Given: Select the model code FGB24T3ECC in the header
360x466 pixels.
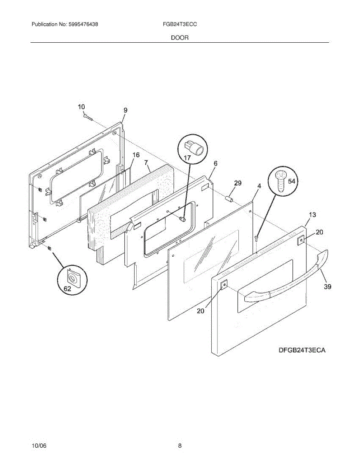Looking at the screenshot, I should pyautogui.click(x=180, y=24).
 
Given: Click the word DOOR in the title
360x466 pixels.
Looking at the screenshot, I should pyautogui.click(x=180, y=38).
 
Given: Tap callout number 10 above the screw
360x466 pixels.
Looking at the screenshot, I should pyautogui.click(x=81, y=107).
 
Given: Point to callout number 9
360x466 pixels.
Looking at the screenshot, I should pyautogui.click(x=125, y=110).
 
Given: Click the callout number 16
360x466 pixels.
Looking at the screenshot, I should pyautogui.click(x=136, y=155).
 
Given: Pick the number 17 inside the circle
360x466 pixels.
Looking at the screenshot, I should pyautogui.click(x=187, y=158).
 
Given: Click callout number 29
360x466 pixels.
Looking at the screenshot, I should pyautogui.click(x=238, y=183).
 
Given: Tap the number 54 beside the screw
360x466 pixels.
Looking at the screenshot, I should pyautogui.click(x=291, y=181).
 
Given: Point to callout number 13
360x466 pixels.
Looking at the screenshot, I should pyautogui.click(x=312, y=215).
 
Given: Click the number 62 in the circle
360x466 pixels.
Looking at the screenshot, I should pyautogui.click(x=67, y=289).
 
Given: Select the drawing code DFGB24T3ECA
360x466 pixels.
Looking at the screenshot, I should pyautogui.click(x=301, y=350).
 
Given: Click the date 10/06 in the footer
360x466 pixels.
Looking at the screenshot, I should pyautogui.click(x=39, y=446).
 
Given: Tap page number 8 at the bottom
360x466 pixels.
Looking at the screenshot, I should pyautogui.click(x=180, y=446).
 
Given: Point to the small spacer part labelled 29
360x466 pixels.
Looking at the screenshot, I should pyautogui.click(x=229, y=199).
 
